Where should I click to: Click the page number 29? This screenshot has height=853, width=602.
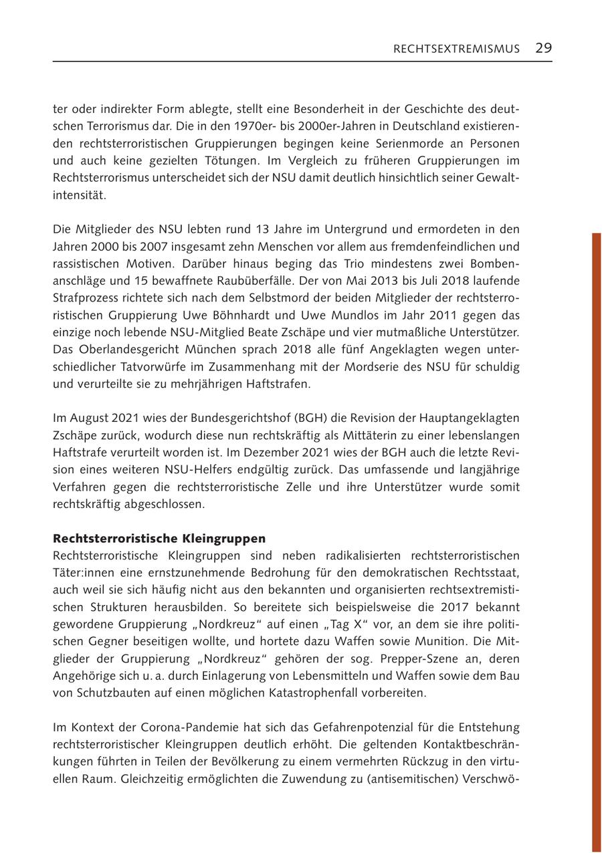pos(543,48)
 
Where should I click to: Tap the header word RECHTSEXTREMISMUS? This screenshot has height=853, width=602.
pos(456,49)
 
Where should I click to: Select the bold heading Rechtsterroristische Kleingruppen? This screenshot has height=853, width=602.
pos(159,538)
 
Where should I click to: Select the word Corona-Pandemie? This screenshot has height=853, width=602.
pos(188,727)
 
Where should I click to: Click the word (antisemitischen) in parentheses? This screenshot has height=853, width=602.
pos(415,778)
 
